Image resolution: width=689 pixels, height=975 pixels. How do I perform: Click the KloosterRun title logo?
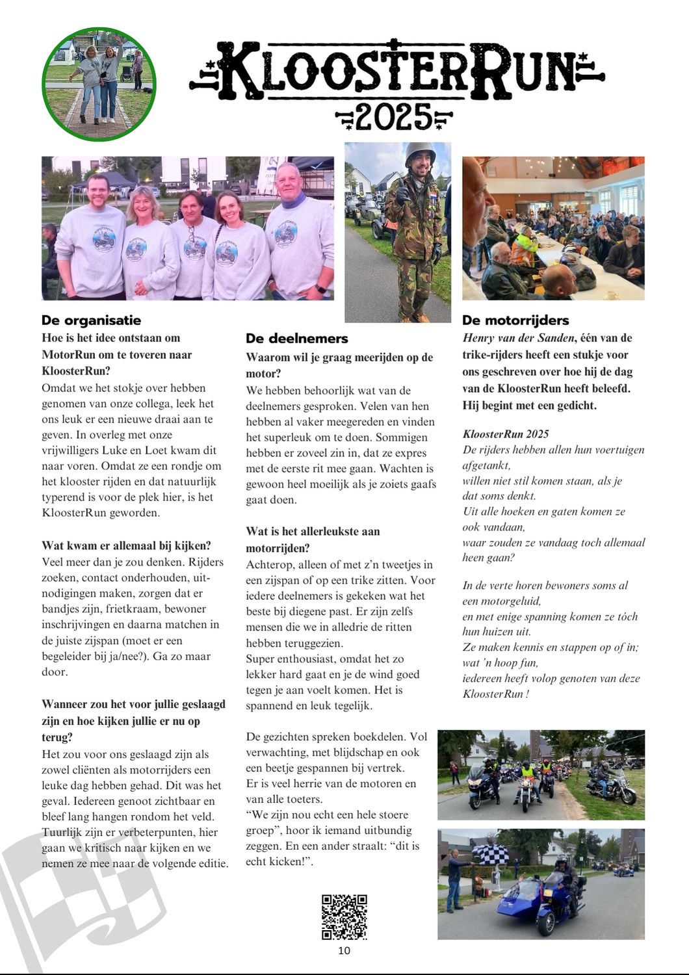(x=396, y=70)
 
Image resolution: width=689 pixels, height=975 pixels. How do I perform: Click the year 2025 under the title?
(x=393, y=118)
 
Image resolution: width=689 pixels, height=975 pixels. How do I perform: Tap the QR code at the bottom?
(x=344, y=916)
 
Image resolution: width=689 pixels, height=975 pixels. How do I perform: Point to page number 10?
(x=344, y=950)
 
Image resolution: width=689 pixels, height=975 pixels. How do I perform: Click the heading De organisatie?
(x=91, y=320)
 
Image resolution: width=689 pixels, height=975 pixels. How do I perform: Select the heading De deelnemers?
(x=296, y=339)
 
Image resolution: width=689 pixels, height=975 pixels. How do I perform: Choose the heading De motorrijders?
(x=515, y=320)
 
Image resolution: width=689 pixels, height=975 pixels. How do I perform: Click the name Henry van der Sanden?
(x=519, y=338)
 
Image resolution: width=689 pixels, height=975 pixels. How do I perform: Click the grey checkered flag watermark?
(x=78, y=903)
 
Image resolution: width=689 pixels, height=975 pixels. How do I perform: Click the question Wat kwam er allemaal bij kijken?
(x=126, y=546)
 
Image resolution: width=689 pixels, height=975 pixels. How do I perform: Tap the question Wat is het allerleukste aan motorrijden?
(x=313, y=539)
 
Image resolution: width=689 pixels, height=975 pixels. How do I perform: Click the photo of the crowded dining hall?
(x=553, y=227)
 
